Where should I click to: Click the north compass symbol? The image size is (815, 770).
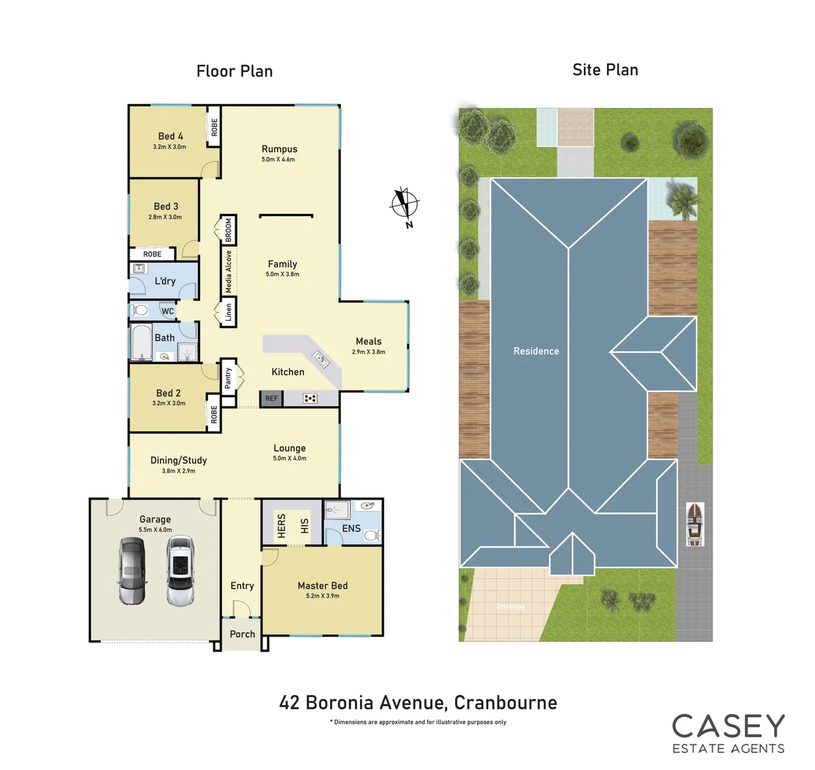click(404, 205)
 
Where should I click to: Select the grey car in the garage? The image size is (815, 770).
click(132, 570)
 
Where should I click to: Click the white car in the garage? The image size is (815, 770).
click(180, 570)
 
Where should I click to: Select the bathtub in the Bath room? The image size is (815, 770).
click(140, 343)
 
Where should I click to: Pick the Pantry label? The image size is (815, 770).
click(228, 378)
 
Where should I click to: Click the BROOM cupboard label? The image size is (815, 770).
click(229, 230)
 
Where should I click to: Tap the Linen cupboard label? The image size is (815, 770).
click(229, 312)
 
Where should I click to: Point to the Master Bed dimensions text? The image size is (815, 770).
click(322, 596)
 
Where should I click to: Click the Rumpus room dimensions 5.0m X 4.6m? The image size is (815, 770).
click(278, 160)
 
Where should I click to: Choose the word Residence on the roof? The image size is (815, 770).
click(536, 351)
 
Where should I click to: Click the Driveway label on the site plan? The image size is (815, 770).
click(511, 607)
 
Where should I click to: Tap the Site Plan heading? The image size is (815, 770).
click(605, 69)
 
